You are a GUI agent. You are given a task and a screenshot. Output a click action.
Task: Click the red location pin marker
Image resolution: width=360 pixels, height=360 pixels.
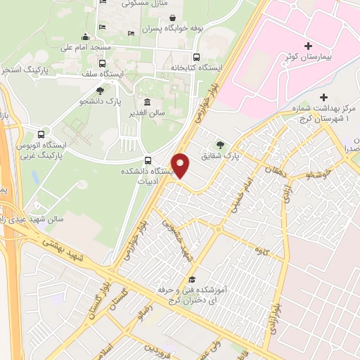181,166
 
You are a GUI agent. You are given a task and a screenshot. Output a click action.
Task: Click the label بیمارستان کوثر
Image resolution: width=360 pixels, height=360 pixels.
314,55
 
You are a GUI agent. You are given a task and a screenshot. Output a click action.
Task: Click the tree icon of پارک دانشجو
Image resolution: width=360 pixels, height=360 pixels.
101,90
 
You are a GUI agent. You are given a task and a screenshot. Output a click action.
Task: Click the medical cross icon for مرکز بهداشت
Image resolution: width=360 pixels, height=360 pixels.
324,97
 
